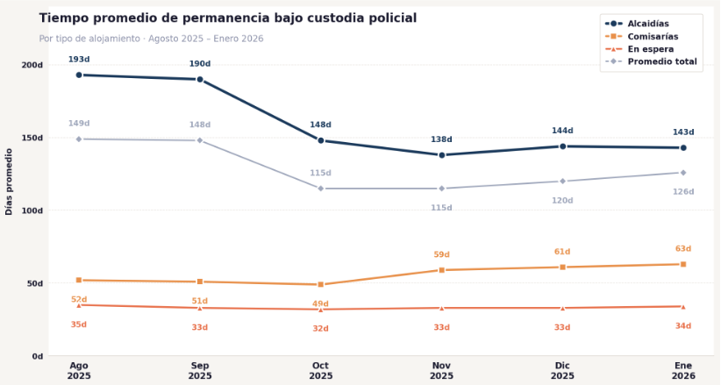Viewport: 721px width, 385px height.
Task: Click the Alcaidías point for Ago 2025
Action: [x=79, y=75]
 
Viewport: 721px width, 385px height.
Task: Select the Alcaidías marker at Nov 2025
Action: [x=442, y=155]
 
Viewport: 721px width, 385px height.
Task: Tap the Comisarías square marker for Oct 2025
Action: [x=321, y=284]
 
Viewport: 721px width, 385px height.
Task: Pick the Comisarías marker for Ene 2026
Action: [x=683, y=264]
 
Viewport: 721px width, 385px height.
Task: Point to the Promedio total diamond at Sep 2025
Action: [x=200, y=140]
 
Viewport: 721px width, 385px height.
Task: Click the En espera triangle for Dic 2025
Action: [x=562, y=308]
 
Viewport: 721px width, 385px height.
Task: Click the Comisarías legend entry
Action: [x=651, y=37]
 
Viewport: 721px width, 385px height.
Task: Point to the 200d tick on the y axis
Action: [x=32, y=65]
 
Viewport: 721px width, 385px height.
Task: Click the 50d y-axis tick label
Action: [x=35, y=283]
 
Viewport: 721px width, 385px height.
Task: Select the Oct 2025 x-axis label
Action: [x=321, y=370]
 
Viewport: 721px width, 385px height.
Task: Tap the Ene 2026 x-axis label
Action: [x=683, y=370]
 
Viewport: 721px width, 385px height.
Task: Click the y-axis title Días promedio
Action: [x=10, y=182]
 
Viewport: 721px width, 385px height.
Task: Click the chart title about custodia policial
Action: [x=228, y=18]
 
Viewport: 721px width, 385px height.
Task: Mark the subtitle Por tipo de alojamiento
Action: [x=151, y=39]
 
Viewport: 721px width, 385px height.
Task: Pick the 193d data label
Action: [x=79, y=60]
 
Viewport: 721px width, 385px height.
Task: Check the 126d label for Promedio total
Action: [x=683, y=192]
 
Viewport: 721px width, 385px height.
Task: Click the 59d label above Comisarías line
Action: [x=442, y=255]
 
